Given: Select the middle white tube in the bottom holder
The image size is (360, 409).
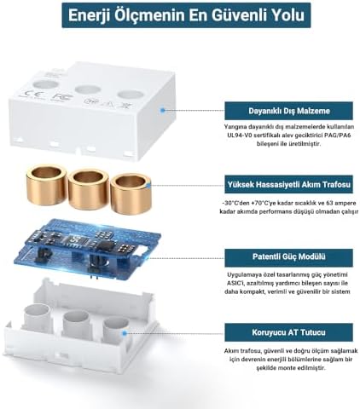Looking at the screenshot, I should tap(74, 328).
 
